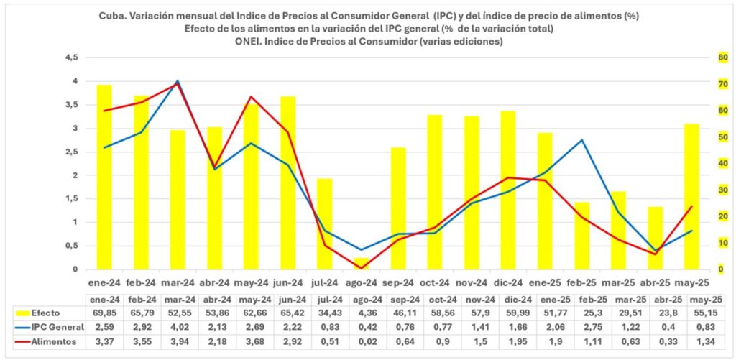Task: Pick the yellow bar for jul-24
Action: click(x=324, y=223)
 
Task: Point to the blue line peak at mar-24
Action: click(x=178, y=81)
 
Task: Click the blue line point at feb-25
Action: click(x=581, y=140)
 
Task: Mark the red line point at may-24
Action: click(x=251, y=97)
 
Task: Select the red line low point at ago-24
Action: click(x=361, y=268)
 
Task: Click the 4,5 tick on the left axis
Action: click(x=71, y=58)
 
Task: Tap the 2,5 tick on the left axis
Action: click(x=71, y=152)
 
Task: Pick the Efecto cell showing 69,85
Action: click(x=104, y=313)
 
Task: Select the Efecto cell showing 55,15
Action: click(x=691, y=313)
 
